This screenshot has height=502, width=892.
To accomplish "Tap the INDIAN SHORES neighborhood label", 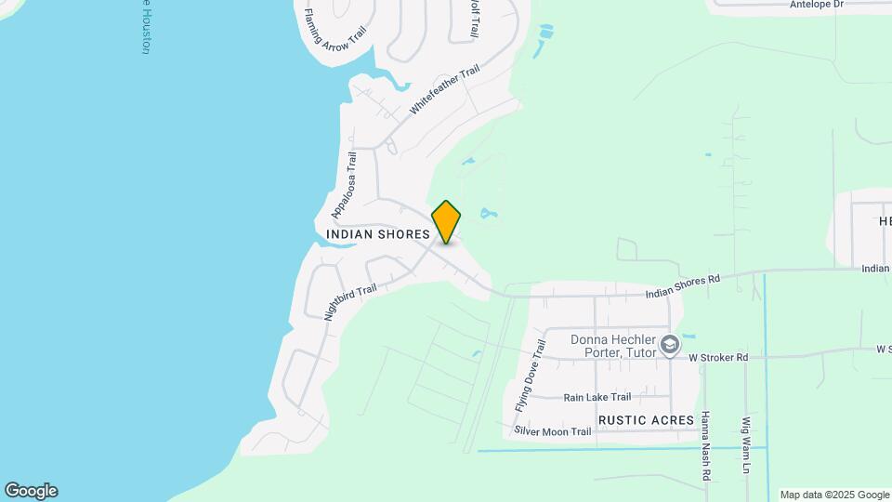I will (377, 234).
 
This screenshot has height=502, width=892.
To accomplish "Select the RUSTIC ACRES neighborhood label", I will (646, 420).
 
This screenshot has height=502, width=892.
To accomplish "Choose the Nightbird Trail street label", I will (350, 303).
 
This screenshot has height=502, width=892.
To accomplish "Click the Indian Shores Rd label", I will (683, 286).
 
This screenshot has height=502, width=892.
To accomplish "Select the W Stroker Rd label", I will (717, 357).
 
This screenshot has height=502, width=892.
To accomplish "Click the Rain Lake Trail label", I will (597, 397).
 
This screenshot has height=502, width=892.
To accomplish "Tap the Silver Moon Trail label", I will (552, 431).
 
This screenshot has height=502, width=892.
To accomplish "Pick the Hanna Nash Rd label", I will (706, 446).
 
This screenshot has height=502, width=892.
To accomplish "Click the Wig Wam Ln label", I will (745, 445).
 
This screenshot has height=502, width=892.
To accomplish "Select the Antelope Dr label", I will (816, 5).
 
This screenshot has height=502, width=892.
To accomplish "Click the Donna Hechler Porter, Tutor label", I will (612, 346).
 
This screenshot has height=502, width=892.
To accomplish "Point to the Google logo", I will (31, 491).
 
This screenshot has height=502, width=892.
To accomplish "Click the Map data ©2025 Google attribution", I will (834, 495).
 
